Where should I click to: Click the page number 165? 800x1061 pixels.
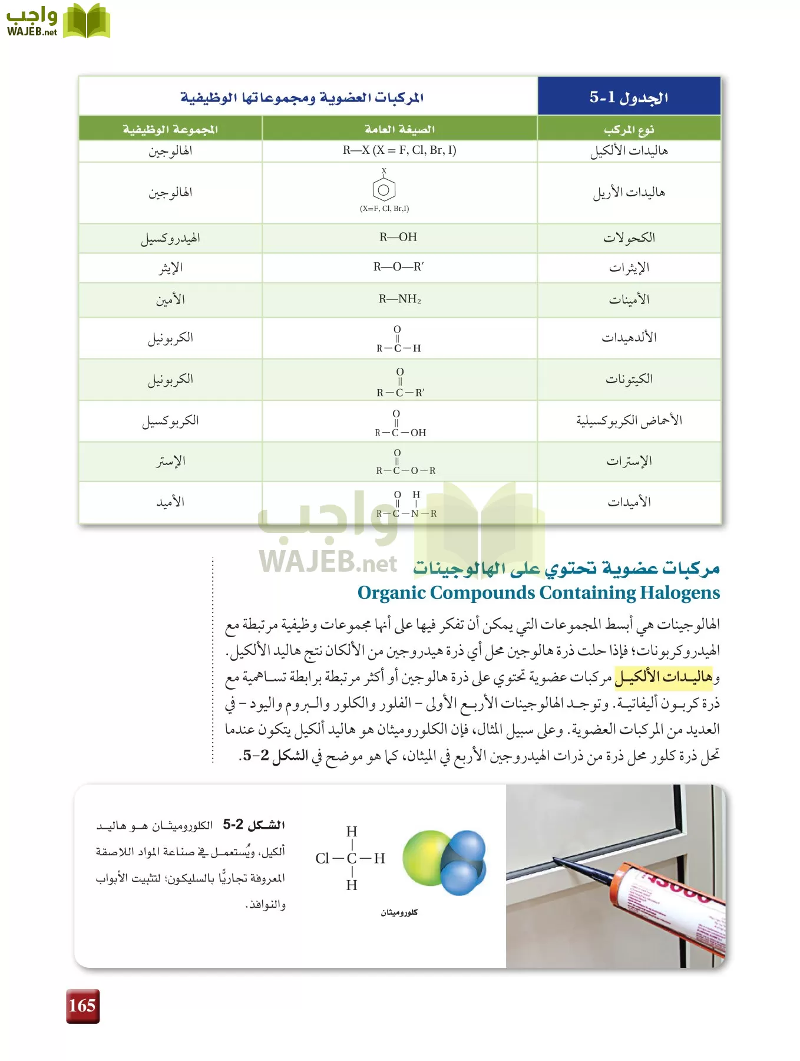[82, 1006]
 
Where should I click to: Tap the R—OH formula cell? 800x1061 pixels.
[398, 238]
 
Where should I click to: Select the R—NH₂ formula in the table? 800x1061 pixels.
[399, 299]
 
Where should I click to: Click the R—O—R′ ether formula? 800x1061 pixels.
[398, 267]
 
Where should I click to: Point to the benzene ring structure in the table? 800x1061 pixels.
[384, 189]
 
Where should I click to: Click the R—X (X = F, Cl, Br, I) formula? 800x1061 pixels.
[399, 150]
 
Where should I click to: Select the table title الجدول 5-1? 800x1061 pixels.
[629, 97]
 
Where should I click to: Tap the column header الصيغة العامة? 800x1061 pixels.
[399, 129]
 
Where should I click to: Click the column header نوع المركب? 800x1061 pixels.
[629, 129]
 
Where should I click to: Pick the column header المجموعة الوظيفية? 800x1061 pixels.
[170, 129]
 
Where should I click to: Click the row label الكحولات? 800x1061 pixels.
[629, 238]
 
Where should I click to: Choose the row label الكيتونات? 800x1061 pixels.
[629, 379]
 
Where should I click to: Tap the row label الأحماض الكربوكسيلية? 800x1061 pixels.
[629, 420]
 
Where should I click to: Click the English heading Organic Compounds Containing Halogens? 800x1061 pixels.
[538, 592]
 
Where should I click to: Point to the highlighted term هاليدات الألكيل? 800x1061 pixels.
[663, 677]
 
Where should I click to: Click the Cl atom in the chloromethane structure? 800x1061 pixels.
[322, 858]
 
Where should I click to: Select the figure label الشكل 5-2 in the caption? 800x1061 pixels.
[254, 825]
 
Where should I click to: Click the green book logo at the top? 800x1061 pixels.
[86, 22]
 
